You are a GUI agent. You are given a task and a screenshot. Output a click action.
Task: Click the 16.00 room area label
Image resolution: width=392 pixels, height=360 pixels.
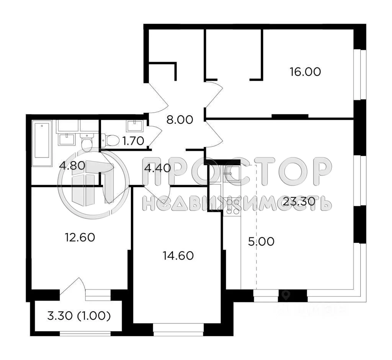(x=305, y=72)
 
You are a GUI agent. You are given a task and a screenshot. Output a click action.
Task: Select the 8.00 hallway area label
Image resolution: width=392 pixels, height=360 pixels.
(x=179, y=119)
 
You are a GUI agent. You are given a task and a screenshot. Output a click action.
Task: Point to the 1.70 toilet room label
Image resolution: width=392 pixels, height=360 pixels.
(x=133, y=141)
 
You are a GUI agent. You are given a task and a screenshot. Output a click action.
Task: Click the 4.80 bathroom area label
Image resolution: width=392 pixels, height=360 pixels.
(x=72, y=167)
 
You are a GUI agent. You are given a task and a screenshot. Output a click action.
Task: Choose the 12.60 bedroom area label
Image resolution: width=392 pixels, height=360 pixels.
(x=80, y=237)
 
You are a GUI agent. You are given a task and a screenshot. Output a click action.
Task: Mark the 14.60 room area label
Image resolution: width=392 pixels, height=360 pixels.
(x=178, y=255)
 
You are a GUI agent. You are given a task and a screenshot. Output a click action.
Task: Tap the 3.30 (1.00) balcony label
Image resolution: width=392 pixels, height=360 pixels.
(x=79, y=316)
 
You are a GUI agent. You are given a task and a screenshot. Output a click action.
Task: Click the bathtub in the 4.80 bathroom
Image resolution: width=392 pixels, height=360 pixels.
(x=42, y=144)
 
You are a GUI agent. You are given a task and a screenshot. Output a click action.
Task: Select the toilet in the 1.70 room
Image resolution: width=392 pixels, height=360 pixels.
(x=111, y=140)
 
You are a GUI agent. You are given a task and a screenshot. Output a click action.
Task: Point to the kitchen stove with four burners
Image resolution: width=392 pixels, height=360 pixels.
(x=232, y=207)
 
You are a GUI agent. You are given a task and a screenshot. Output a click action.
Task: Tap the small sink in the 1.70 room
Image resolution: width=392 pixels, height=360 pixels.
(x=135, y=125)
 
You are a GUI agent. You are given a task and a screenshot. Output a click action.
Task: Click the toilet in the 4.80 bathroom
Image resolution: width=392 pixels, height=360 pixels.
(x=87, y=142)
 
